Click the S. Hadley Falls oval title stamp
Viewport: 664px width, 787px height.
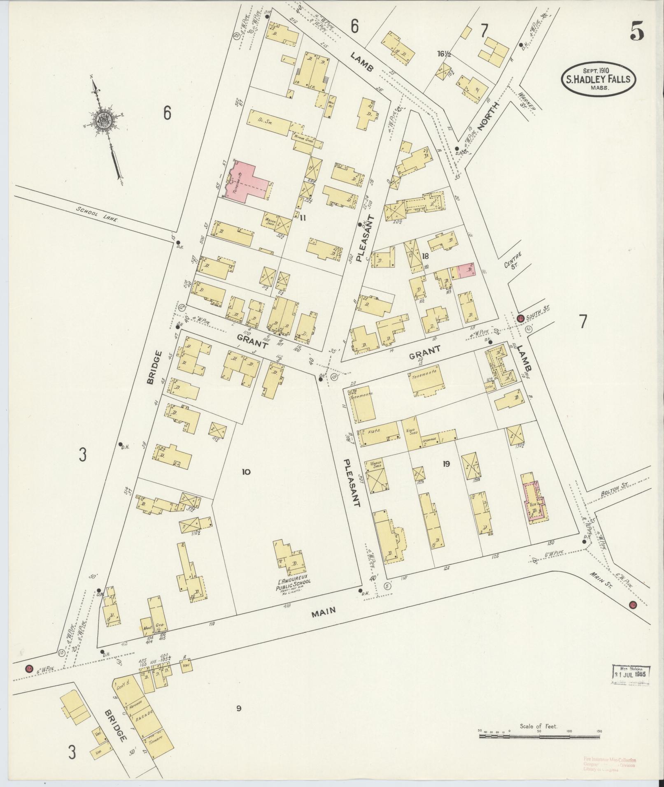pos(598,79)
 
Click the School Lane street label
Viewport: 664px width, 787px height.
pos(97,215)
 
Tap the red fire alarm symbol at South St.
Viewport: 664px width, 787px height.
pos(520,318)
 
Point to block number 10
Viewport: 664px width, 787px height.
pos(246,472)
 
